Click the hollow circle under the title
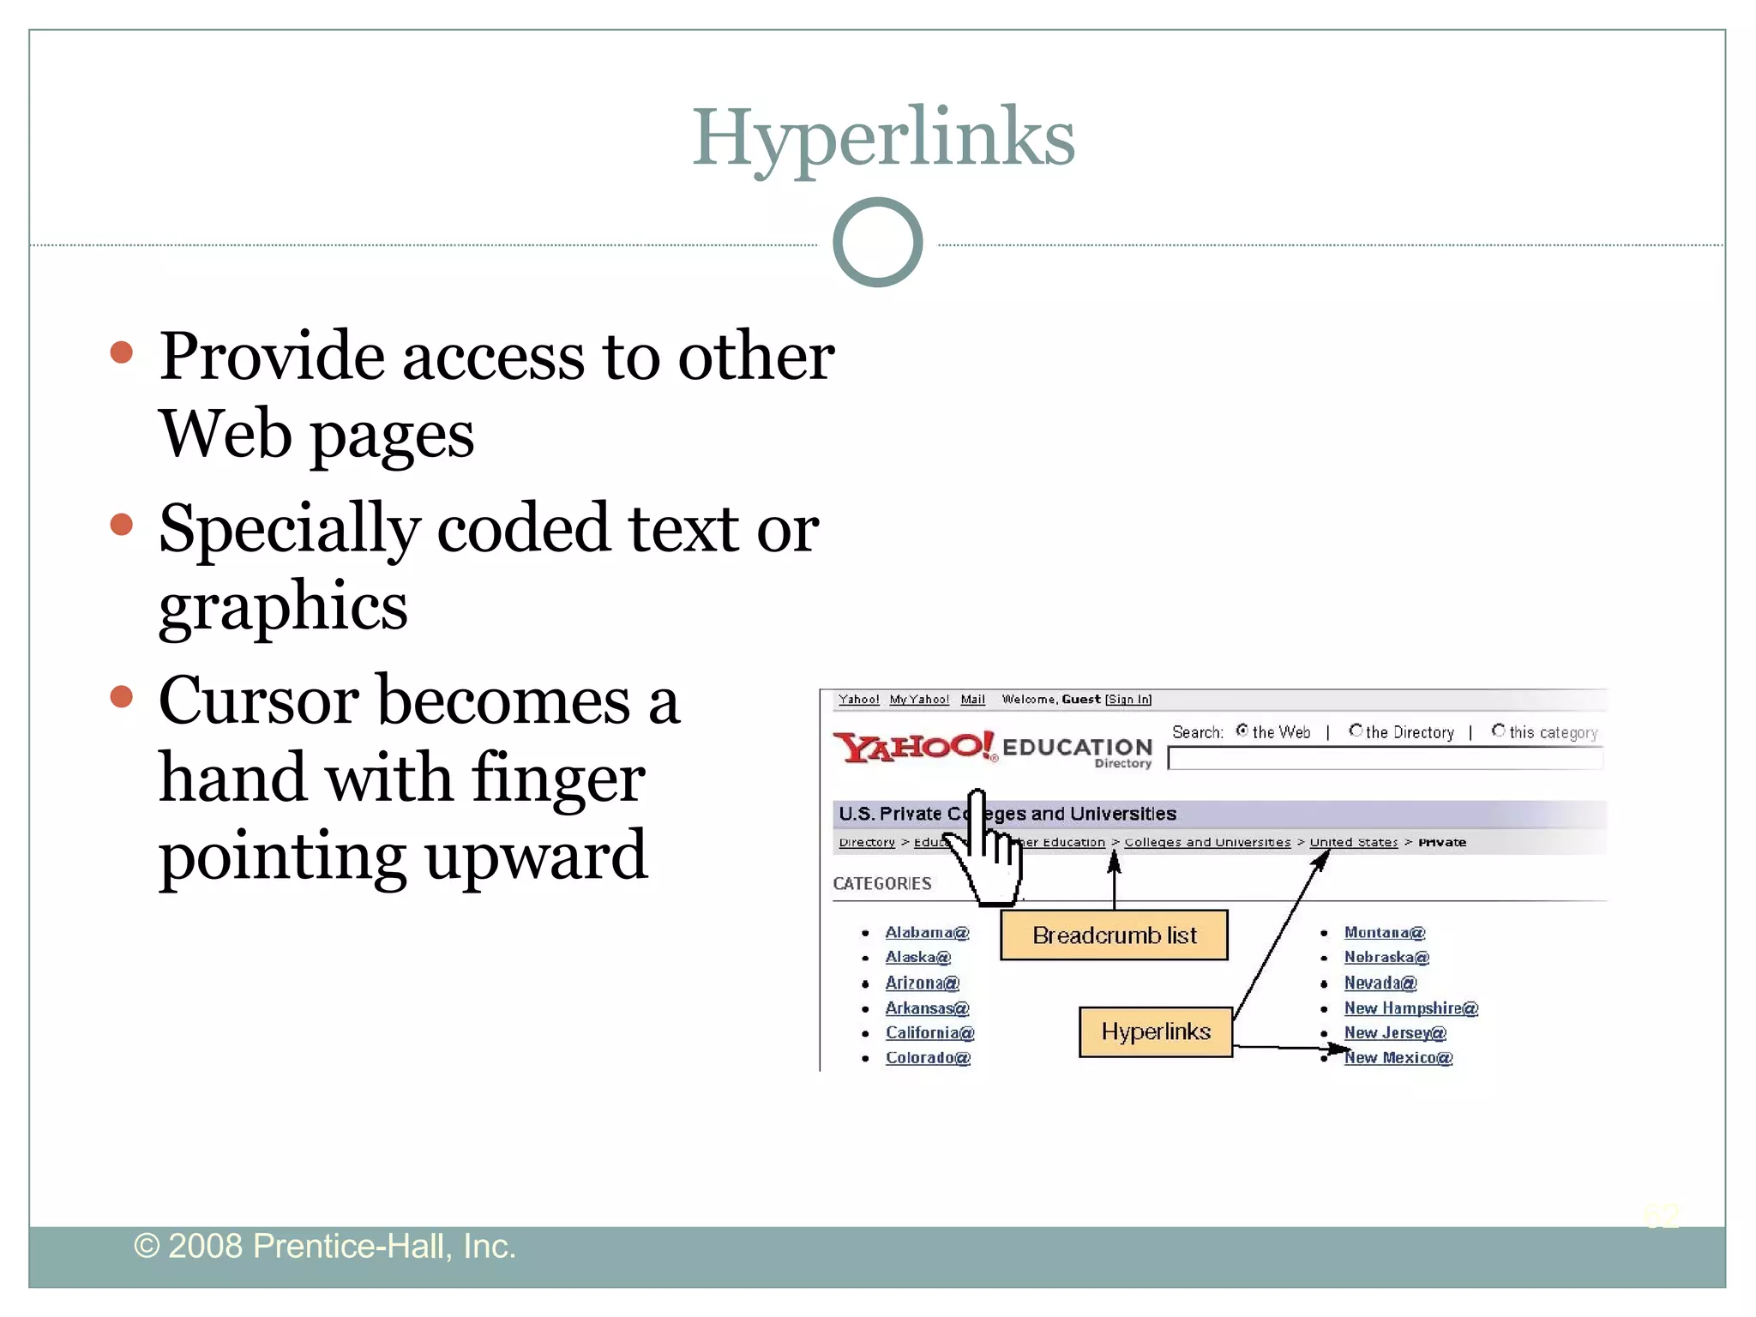coord(877,243)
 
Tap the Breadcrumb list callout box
coord(1114,935)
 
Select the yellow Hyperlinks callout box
coord(1155,1031)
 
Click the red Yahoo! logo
coord(913,748)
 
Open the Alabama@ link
coord(926,933)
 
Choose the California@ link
coord(929,1033)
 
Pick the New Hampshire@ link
coord(1410,1008)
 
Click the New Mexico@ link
coord(1398,1058)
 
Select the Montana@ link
coord(1384,933)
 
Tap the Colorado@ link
coord(927,1058)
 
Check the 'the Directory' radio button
coord(1355,731)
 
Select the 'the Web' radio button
coord(1242,731)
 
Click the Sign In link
coord(1128,700)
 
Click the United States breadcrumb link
coord(1353,843)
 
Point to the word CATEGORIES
coord(881,884)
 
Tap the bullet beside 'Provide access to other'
coord(122,352)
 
